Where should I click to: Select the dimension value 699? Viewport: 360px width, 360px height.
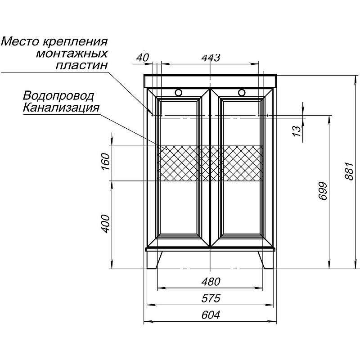324,191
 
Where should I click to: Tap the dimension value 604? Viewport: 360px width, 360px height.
211,315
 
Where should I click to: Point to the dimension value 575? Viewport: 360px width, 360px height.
211,298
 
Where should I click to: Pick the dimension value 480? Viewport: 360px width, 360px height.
211,282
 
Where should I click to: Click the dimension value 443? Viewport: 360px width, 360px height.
211,58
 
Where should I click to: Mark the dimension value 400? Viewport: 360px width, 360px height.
106,224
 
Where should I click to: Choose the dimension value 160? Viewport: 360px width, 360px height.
106,161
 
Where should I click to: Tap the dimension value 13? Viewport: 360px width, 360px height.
297,131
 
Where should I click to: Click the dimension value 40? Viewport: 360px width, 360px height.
143,58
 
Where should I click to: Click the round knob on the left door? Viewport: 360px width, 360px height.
178,92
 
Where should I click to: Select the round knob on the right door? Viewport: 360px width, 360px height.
242,92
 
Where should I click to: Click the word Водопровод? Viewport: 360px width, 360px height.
58,96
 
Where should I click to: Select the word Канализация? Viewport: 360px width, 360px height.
61,107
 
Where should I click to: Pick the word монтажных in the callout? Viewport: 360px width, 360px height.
72,54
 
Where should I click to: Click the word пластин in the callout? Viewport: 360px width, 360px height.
82,65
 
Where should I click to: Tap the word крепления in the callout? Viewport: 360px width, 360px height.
75,42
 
